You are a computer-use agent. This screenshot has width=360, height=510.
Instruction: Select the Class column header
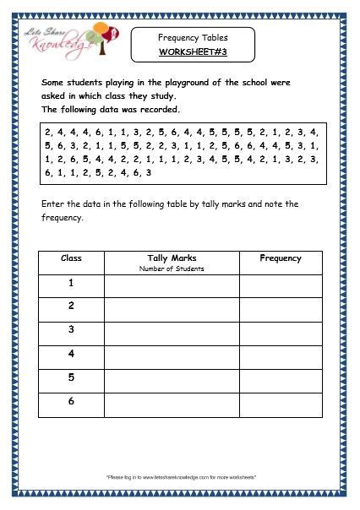tap(71, 258)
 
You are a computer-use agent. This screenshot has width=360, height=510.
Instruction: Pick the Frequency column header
tap(281, 258)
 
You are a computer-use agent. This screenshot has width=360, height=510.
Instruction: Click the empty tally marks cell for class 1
tap(172, 285)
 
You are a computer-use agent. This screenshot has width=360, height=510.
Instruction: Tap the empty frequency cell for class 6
tap(281, 404)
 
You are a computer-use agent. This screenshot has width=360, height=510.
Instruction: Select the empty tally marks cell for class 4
tap(172, 357)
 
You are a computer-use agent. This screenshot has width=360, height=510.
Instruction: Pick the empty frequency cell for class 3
tap(281, 333)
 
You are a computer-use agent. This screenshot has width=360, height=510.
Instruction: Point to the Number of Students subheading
tap(172, 269)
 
